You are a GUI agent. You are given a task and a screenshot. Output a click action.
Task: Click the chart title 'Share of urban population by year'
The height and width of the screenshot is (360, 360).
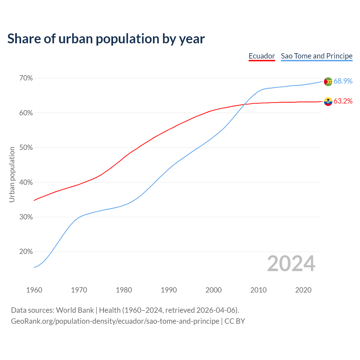click(x=106, y=39)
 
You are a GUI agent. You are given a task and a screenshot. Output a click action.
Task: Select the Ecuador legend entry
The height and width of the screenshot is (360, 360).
click(x=262, y=56)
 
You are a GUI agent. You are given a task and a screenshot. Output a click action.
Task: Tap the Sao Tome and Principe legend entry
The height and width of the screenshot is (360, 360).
click(x=316, y=56)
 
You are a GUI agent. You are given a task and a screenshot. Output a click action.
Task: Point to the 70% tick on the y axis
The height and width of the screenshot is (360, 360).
click(x=26, y=78)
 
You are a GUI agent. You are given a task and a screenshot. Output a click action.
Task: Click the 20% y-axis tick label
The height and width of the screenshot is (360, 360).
click(x=26, y=252)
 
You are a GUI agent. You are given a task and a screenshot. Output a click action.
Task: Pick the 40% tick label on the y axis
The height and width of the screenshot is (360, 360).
click(x=26, y=183)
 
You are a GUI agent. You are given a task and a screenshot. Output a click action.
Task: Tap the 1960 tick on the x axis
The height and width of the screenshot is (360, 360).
click(x=34, y=290)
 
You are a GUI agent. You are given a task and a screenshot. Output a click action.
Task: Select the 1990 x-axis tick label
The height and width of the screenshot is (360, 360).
click(x=169, y=290)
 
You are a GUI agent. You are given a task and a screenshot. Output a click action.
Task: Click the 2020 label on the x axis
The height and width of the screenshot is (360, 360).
click(x=303, y=290)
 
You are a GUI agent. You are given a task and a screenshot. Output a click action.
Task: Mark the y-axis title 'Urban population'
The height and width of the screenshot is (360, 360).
click(x=12, y=174)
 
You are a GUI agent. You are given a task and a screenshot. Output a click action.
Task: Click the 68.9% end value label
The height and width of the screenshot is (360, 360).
click(x=343, y=81)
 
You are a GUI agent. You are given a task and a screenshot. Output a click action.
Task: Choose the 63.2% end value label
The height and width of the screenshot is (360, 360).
click(x=343, y=101)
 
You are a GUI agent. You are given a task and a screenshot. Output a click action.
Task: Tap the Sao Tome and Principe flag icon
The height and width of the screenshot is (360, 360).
click(x=328, y=82)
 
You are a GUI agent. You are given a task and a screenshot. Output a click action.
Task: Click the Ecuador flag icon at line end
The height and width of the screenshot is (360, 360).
click(x=328, y=101)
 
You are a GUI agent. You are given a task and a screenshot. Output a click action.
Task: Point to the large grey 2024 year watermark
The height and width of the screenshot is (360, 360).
click(x=291, y=264)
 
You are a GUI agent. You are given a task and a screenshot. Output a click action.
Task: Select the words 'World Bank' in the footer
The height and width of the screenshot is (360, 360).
click(x=75, y=310)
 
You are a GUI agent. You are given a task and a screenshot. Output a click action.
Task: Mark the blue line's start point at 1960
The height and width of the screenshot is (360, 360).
click(x=34, y=267)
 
